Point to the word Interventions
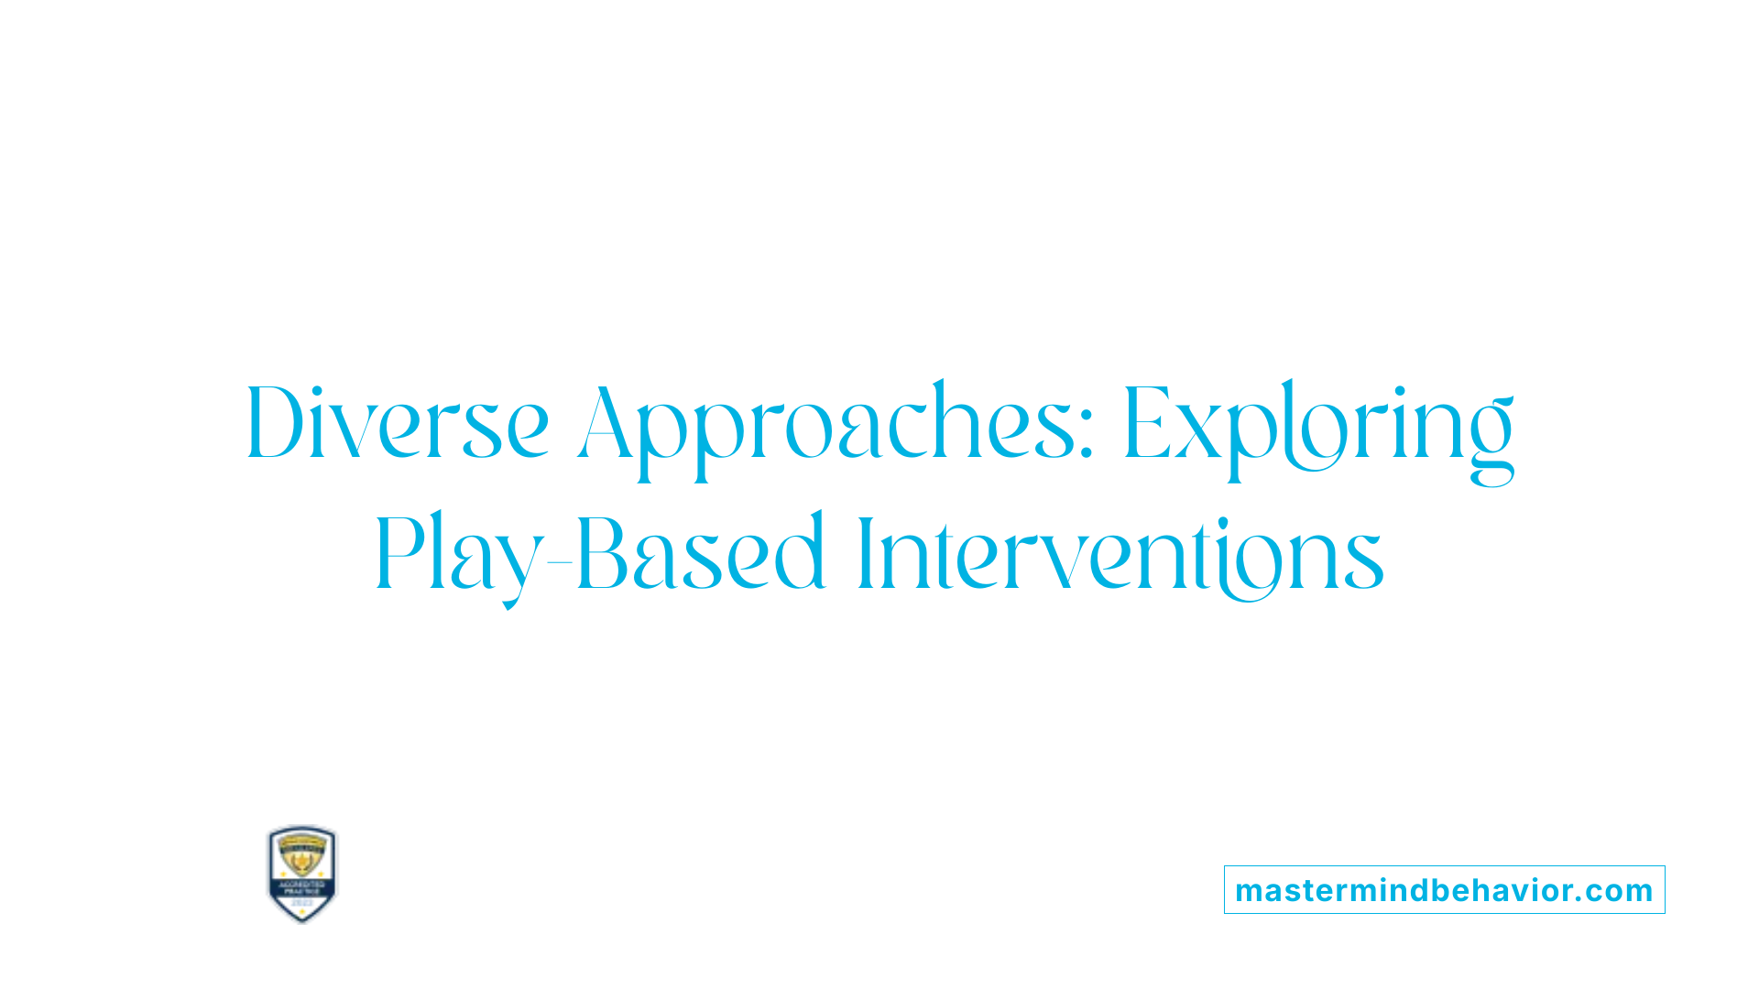pos(1120,554)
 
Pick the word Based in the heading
pos(701,554)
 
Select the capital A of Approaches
pos(607,423)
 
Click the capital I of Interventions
pos(863,554)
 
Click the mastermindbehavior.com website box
pos(1444,890)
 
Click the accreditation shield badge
pos(302,874)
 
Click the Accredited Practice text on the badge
pos(302,887)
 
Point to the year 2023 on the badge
pos(302,903)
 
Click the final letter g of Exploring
pos(1491,440)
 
